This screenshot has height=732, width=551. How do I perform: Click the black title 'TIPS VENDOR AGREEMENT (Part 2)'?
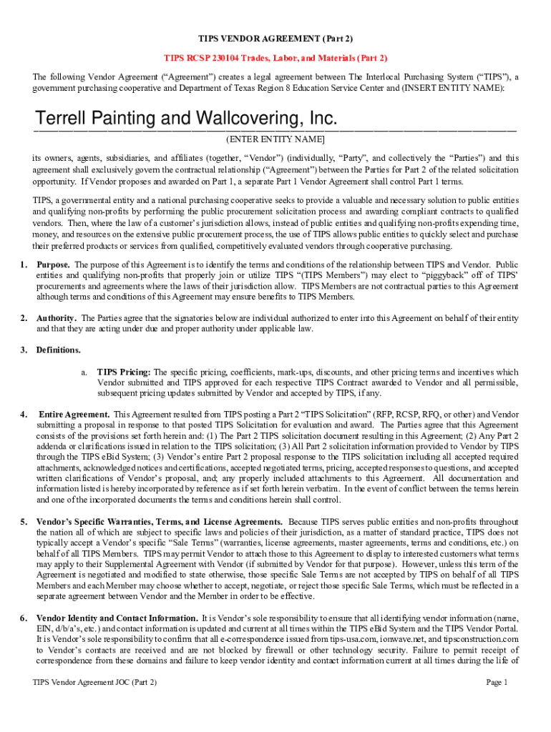point(275,38)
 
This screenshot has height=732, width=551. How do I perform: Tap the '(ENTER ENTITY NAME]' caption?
point(275,139)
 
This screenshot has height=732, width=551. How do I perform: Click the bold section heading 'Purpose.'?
point(54,264)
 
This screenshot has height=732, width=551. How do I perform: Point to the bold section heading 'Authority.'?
point(57,318)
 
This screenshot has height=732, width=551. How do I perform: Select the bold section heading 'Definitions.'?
point(59,350)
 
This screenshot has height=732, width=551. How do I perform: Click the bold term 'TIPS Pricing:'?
point(124,372)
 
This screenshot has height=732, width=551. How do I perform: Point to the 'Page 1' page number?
point(497,683)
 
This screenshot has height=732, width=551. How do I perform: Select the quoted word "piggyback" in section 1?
point(437,275)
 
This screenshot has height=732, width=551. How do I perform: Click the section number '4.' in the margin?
point(24,415)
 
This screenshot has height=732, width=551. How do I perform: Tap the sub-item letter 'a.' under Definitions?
point(84,372)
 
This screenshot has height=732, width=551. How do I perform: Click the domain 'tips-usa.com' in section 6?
point(371,639)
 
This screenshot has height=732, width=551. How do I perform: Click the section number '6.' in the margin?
point(24,618)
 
